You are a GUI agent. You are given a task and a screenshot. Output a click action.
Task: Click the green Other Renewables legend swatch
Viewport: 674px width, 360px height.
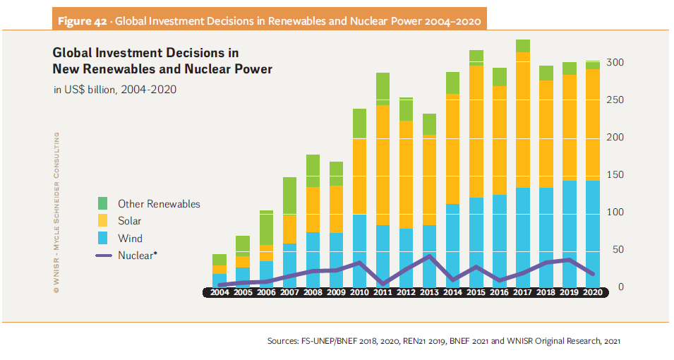103,203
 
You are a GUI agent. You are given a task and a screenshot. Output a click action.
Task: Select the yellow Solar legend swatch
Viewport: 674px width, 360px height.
103,221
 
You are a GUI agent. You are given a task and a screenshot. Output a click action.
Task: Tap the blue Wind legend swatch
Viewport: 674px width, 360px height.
103,239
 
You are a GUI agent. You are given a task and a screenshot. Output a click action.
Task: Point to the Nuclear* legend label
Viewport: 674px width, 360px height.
137,256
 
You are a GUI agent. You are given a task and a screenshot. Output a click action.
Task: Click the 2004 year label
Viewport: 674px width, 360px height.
219,292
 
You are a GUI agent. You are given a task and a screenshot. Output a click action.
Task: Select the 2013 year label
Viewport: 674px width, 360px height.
428,292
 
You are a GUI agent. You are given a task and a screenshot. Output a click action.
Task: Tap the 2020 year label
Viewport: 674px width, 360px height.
593,292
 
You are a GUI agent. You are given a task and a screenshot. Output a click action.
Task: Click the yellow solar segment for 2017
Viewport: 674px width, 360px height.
523,120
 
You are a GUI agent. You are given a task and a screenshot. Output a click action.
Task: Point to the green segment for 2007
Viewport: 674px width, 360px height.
289,196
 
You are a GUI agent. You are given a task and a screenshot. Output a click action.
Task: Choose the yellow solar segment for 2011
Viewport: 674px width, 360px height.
383,166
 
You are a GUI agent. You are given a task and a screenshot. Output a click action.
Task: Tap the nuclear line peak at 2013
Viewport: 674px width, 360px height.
428,256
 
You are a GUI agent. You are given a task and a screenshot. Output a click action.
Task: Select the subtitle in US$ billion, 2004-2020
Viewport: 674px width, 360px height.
115,90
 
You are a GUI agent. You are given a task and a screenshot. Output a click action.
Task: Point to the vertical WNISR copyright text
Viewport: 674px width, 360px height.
56,212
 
